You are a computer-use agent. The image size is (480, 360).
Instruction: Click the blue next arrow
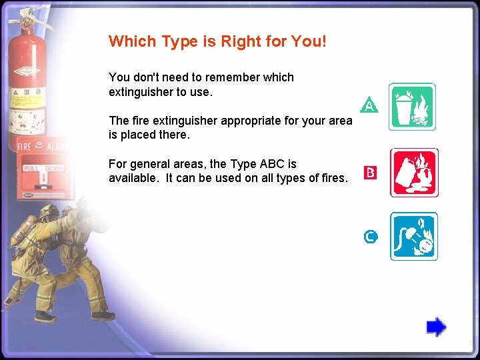436,327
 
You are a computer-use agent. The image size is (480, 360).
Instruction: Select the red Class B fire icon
413,172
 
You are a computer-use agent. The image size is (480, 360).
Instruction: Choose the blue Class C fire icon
413,236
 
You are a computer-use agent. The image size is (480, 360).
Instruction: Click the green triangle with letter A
369,105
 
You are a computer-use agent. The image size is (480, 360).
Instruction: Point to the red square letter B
370,173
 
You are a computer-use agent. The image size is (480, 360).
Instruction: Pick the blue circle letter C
371,236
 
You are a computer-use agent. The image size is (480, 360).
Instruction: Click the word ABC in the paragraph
274,164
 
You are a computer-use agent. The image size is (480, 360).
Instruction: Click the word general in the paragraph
149,164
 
